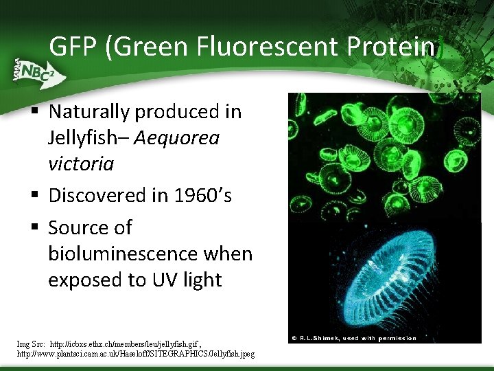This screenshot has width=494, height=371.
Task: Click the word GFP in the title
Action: tap(73, 47)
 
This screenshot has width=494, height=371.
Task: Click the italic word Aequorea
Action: tap(176, 138)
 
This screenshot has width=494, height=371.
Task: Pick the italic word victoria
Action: tap(81, 164)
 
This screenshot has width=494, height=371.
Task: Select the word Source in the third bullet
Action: tap(80, 227)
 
